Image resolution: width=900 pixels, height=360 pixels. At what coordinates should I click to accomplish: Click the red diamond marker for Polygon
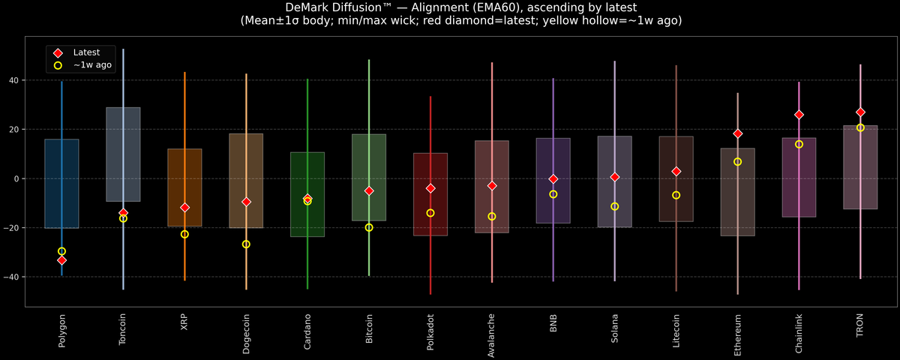(61, 260)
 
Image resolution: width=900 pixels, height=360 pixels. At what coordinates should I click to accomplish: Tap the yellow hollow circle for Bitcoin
(369, 227)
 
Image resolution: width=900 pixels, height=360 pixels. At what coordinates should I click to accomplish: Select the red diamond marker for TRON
(860, 112)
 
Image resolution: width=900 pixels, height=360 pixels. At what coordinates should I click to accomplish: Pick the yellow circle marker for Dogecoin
(246, 244)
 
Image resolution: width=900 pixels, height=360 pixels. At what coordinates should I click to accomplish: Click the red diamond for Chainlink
(799, 115)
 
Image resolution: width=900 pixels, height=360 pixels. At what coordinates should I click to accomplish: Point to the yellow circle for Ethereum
(738, 162)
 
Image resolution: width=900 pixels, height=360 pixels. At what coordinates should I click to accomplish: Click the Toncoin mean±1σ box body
(123, 154)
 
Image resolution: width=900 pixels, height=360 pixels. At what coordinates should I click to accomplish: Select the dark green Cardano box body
(307, 194)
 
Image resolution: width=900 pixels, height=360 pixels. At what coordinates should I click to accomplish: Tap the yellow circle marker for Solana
(615, 206)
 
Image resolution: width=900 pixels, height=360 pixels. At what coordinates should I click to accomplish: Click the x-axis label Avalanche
(491, 335)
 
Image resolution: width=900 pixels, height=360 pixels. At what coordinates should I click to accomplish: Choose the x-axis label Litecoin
(676, 331)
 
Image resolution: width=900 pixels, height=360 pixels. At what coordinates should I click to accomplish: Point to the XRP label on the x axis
(184, 322)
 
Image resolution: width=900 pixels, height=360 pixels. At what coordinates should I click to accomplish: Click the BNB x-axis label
(553, 323)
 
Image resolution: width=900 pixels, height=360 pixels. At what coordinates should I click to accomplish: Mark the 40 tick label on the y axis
(14, 80)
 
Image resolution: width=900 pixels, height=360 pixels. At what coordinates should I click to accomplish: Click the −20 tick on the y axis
(11, 228)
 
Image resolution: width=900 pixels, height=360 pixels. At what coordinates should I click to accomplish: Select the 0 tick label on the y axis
(16, 178)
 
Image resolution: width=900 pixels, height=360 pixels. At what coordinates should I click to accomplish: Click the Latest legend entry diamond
(58, 53)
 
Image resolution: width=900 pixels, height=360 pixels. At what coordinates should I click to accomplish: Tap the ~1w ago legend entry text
(92, 65)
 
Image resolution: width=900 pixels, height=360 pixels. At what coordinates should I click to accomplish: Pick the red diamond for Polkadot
(430, 188)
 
